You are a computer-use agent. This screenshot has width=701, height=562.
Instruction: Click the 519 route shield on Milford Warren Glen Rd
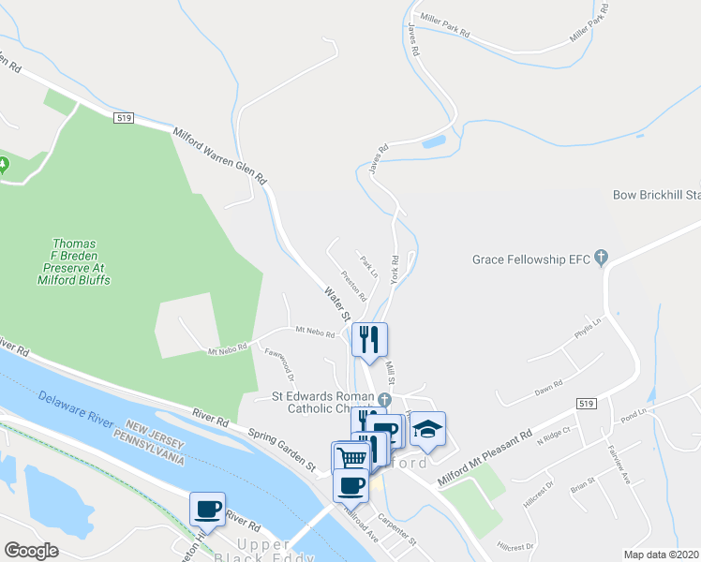click(126, 118)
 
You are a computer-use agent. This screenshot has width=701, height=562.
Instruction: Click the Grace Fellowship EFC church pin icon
click(602, 258)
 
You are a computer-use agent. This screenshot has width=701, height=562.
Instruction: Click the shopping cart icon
click(351, 458)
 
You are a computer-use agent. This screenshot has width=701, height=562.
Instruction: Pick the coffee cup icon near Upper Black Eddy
click(207, 509)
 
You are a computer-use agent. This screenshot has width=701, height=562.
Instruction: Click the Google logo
click(31, 551)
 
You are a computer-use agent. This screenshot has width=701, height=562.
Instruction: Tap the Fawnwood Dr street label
click(280, 368)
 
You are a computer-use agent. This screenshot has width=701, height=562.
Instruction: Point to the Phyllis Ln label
click(588, 331)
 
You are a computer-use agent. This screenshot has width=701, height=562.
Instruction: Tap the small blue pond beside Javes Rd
click(434, 142)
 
